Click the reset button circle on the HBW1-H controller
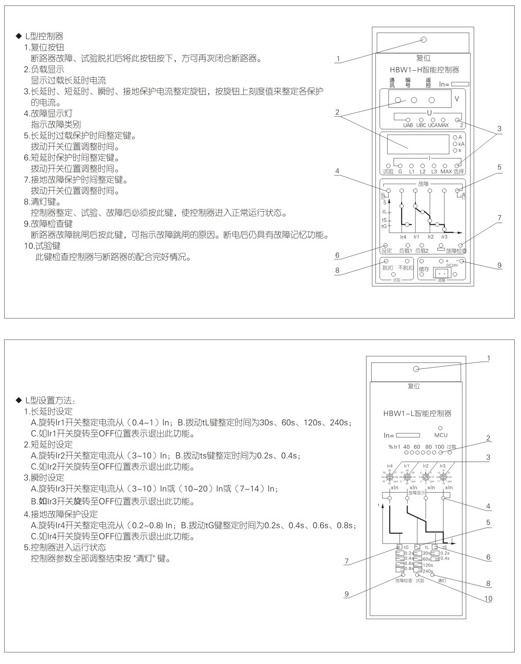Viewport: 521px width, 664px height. coord(423,40)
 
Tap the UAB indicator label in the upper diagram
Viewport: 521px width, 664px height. coord(408,125)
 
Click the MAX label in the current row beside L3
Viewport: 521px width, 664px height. coord(446,171)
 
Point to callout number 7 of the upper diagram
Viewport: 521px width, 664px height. coord(499,218)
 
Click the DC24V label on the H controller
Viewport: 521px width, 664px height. coord(452,265)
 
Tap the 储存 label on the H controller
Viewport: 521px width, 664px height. coord(424,269)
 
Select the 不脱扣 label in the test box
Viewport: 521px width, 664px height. coord(406,268)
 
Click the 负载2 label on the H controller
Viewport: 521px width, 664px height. coord(421,251)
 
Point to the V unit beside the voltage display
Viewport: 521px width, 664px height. coord(457,99)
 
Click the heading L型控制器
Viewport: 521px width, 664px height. coord(44,36)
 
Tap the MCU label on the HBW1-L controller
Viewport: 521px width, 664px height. coord(441,435)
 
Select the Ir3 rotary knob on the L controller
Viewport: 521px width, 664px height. coord(442,477)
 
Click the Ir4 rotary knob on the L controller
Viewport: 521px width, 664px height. coord(390,477)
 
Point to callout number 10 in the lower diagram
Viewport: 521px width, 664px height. coord(488,599)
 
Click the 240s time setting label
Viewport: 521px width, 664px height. coord(428,571)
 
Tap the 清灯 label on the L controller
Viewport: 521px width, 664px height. coord(442,581)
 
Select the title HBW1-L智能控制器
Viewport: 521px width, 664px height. coord(417,414)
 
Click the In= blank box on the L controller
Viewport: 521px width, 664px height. coord(408,435)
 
